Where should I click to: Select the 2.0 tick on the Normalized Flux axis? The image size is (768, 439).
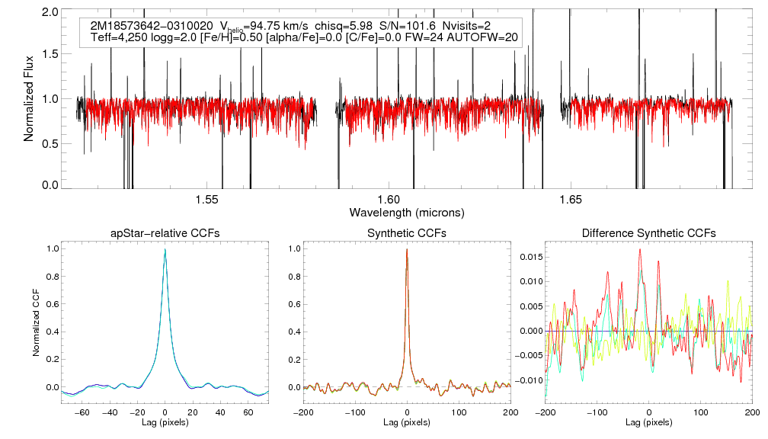coord(51,13)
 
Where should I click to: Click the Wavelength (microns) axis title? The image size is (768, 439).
coord(406,212)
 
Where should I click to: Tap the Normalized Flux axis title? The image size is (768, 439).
coord(29,99)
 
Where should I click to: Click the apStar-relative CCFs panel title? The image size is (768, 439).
coord(165,233)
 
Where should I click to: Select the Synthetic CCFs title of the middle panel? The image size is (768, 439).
coord(407,233)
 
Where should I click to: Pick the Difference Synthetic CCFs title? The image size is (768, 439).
coord(648,233)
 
